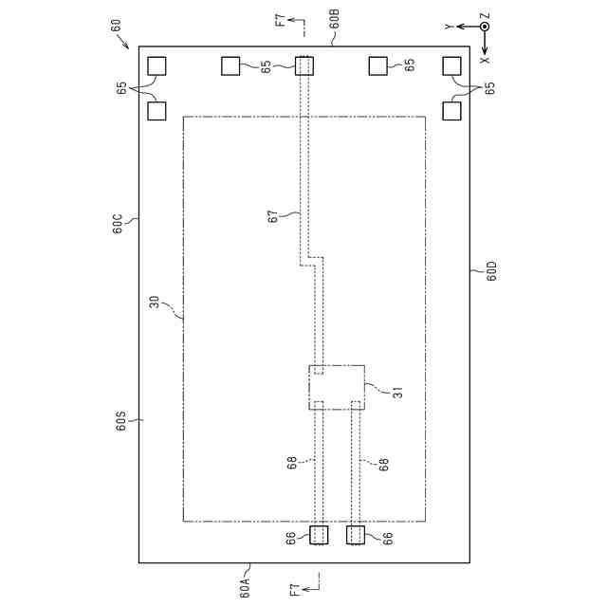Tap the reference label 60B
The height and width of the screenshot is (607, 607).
pyautogui.click(x=334, y=19)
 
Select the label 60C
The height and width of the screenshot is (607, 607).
pyautogui.click(x=118, y=224)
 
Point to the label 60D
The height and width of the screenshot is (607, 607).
pyautogui.click(x=491, y=271)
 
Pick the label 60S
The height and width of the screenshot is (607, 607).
pyautogui.click(x=120, y=421)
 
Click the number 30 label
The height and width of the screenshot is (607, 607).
pyautogui.click(x=155, y=302)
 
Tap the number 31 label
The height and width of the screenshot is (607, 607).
pyautogui.click(x=397, y=393)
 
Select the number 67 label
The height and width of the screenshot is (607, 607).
pyautogui.click(x=273, y=216)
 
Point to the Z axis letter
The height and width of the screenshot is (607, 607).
pyautogui.click(x=485, y=16)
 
